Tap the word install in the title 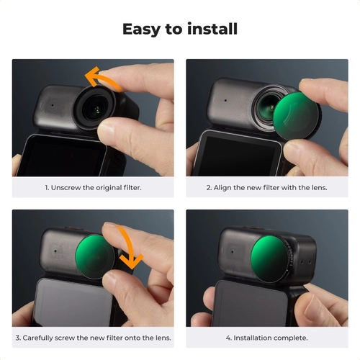(212, 29)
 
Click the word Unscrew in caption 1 (66, 188)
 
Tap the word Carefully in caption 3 (38, 338)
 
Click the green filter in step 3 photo (95, 256)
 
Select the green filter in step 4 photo (271, 258)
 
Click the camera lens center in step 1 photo (97, 109)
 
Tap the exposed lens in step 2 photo (269, 109)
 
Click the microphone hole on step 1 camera (53, 105)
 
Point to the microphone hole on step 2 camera (225, 100)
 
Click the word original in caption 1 (109, 188)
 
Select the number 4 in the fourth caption (228, 338)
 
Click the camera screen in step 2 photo (238, 156)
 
